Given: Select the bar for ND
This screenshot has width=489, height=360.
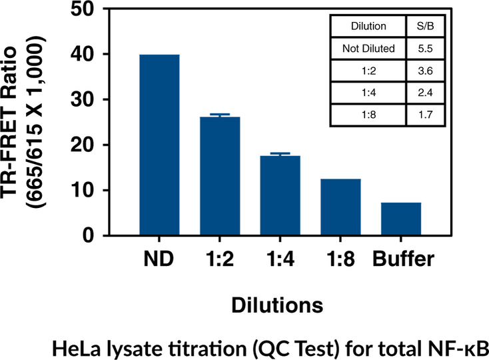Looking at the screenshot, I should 159,145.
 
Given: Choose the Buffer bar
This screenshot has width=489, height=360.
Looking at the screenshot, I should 401,219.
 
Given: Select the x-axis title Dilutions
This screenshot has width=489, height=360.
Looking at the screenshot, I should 278,305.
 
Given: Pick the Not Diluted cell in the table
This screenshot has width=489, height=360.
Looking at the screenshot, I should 368,49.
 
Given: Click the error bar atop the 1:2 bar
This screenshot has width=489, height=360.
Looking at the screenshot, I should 220,115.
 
